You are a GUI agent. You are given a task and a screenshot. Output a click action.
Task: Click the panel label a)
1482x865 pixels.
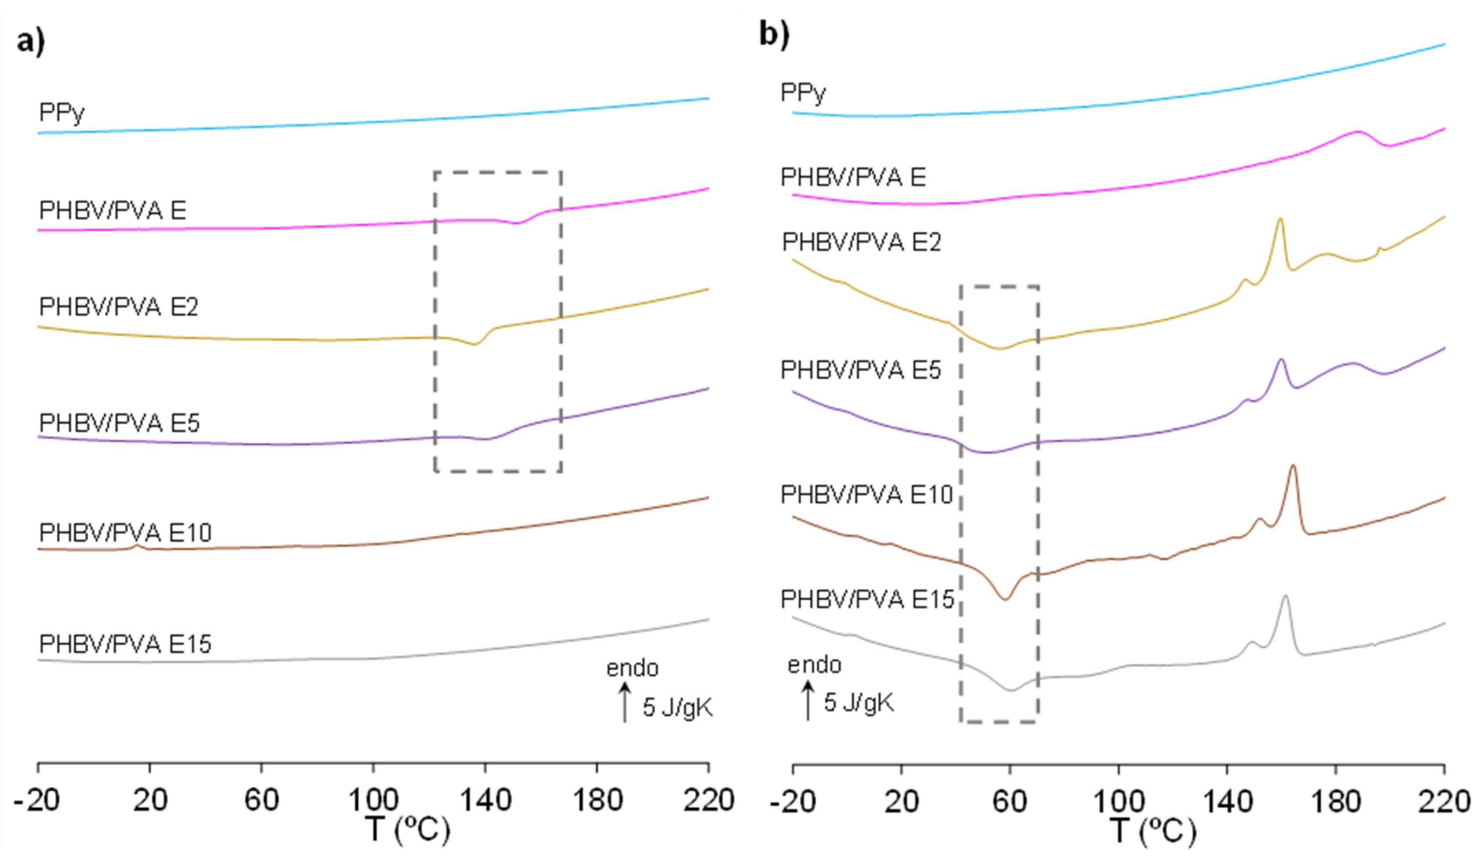(31, 43)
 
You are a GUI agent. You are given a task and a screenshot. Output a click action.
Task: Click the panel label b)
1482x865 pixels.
(774, 34)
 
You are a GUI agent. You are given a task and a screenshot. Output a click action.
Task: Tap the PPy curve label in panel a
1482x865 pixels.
(62, 112)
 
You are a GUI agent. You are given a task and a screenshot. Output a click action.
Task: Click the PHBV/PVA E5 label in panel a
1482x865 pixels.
(119, 423)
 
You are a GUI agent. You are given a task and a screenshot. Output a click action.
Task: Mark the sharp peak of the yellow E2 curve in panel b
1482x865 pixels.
(1280, 219)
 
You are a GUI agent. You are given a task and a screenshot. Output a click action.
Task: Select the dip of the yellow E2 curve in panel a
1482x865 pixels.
(475, 345)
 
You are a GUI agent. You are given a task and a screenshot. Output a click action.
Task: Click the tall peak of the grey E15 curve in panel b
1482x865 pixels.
(1285, 596)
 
